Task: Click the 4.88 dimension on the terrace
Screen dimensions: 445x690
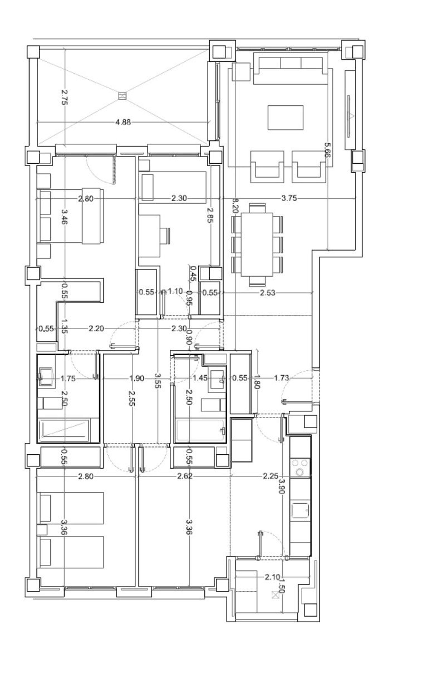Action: (123, 122)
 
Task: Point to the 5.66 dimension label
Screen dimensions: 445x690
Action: (327, 150)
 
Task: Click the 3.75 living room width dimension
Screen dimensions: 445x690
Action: (289, 198)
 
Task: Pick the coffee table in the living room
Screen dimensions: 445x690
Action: (285, 118)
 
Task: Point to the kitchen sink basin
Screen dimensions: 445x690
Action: (301, 510)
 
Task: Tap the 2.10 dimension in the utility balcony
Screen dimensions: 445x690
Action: (272, 577)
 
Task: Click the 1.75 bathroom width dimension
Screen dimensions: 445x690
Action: (68, 378)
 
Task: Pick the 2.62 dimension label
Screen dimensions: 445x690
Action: (185, 476)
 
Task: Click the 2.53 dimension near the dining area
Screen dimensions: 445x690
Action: (268, 293)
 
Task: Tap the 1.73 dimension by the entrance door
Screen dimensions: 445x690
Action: (281, 378)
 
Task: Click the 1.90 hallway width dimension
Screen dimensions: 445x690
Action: (137, 378)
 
